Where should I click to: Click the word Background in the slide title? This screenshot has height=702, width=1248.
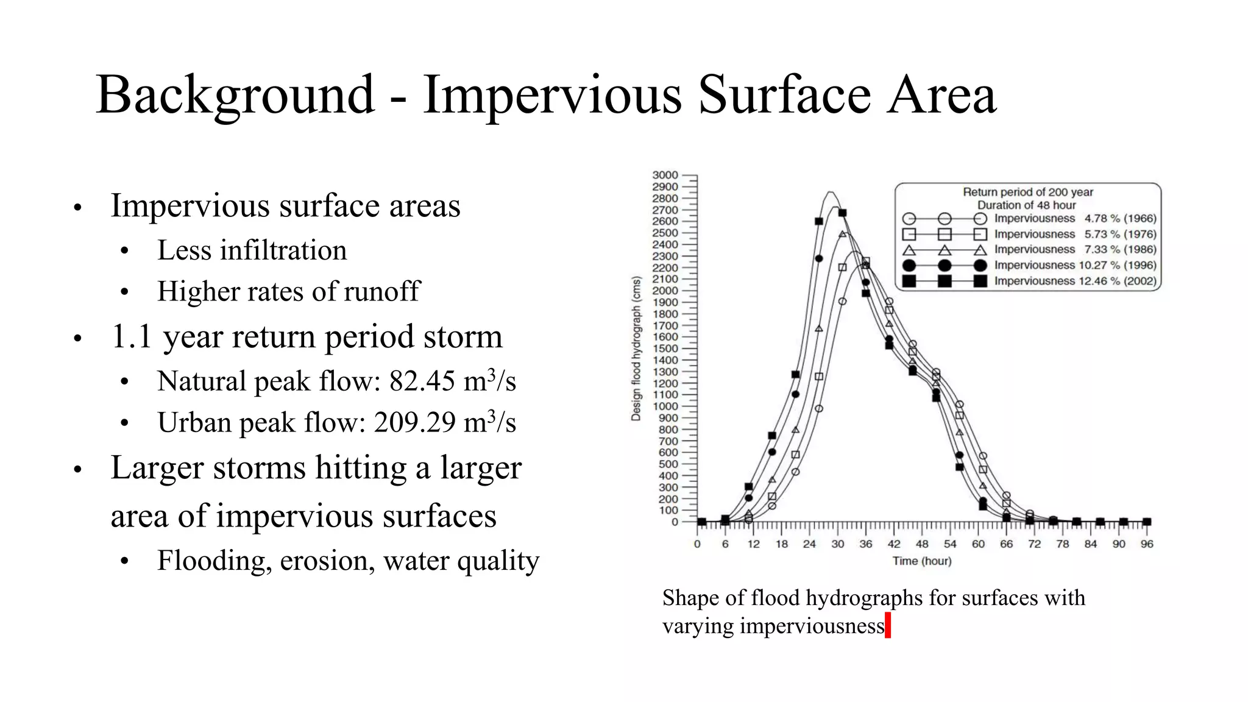235,94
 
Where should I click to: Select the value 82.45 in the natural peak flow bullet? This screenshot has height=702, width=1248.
422,381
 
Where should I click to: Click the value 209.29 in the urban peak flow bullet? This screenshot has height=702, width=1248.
414,422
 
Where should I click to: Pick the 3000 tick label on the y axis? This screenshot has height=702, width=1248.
665,175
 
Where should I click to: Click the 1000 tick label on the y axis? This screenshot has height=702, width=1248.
665,406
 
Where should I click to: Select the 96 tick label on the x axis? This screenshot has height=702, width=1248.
1146,544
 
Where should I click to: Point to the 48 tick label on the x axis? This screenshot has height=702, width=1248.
922,544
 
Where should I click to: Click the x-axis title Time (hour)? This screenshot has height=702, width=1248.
921,561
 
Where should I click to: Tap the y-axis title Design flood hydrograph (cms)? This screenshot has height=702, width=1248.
636,349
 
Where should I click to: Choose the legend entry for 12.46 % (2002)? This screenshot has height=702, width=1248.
1075,281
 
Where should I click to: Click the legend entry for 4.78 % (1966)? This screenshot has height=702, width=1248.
1075,218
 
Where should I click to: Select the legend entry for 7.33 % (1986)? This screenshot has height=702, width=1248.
1075,249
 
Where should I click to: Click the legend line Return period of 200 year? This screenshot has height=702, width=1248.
1027,192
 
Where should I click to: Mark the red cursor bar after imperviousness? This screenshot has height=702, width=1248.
888,626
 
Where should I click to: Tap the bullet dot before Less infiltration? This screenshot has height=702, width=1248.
124,251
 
